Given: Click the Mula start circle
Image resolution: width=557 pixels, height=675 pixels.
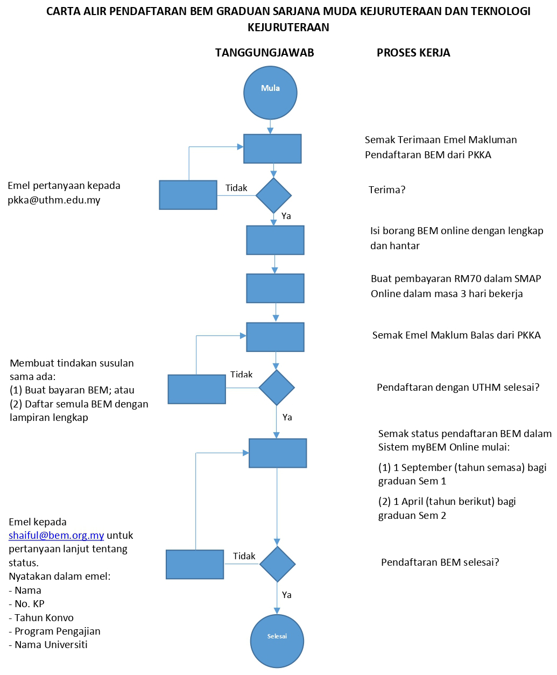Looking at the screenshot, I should (270, 93).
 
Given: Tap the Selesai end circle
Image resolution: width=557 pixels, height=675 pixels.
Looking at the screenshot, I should (277, 641).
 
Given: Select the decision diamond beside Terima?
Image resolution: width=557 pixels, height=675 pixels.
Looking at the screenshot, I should (273, 195).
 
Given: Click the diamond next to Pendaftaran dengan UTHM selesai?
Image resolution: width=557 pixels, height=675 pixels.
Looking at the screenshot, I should (277, 388).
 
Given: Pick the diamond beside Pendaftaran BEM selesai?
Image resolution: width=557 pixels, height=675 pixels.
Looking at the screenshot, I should (278, 564).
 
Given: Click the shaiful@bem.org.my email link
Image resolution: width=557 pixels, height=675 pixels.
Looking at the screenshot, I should (57, 536).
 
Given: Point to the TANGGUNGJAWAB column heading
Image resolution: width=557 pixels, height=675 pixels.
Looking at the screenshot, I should (264, 53).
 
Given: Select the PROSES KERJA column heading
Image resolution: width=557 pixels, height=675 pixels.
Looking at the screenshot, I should (413, 53).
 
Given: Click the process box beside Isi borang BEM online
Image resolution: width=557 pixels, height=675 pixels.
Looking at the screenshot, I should (275, 240).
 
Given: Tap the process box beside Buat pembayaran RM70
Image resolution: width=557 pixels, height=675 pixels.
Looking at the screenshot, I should (275, 288).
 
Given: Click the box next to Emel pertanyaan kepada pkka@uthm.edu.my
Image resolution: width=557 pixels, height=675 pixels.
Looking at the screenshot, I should (188, 195).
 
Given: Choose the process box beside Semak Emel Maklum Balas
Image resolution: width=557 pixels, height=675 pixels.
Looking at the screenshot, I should (275, 337).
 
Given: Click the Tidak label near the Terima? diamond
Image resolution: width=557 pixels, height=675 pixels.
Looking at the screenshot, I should (236, 188).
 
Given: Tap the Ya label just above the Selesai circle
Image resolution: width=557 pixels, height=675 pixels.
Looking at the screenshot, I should (287, 595).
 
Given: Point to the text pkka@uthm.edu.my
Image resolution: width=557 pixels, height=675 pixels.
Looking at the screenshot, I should (54, 200).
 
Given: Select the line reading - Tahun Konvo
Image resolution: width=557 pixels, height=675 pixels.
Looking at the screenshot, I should (41, 618).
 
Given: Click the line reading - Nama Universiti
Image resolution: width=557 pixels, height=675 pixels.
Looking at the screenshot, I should (48, 645).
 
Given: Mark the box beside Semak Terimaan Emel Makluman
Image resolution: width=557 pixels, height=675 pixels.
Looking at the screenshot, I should (272, 149).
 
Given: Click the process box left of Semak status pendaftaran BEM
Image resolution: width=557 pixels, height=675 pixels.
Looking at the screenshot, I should (278, 453).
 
